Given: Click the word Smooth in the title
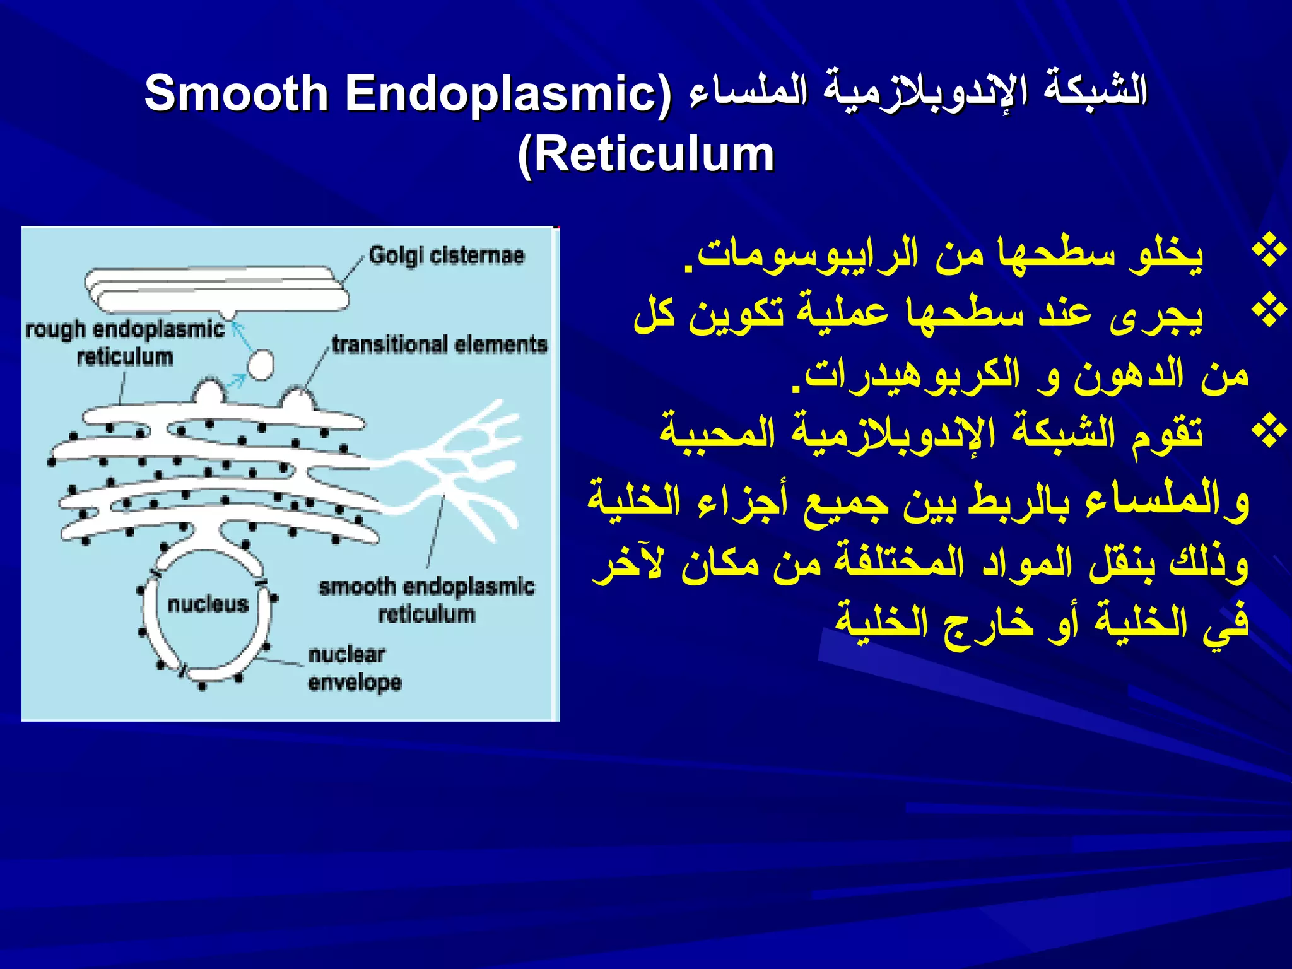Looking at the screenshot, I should click(x=236, y=93).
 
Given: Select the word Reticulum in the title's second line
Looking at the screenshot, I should click(x=654, y=155).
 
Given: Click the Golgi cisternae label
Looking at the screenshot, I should click(x=446, y=255).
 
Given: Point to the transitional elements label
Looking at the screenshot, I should click(x=439, y=344).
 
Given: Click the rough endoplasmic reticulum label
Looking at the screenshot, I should click(x=125, y=343).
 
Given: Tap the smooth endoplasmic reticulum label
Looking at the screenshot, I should click(x=426, y=599).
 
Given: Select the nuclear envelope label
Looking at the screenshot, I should click(x=354, y=668).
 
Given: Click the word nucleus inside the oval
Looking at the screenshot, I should click(x=208, y=604).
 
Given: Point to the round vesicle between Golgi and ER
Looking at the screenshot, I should click(x=260, y=365).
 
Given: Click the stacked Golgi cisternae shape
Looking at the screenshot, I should click(x=214, y=289).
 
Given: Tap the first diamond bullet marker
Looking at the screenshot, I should click(x=1269, y=251).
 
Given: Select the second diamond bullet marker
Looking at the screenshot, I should click(x=1269, y=312).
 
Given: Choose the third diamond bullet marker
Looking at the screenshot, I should click(x=1269, y=433).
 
